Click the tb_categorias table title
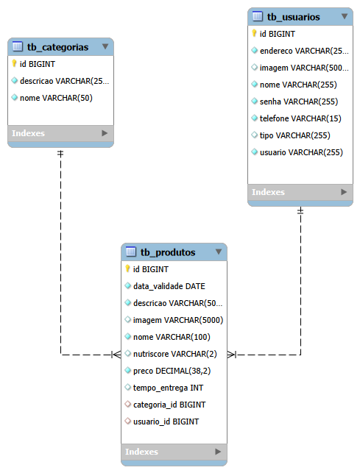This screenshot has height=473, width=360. (x=57, y=47)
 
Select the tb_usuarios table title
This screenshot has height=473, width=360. (x=293, y=17)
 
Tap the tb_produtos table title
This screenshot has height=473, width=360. (x=168, y=252)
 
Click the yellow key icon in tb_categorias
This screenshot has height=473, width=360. (x=14, y=63)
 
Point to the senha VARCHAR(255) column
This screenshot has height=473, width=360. (x=299, y=102)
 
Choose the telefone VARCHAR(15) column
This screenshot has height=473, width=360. (x=300, y=118)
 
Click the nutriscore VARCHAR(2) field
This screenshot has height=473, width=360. (x=175, y=354)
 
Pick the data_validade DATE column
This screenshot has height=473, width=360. (x=169, y=286)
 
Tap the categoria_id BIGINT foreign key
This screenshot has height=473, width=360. (x=169, y=405)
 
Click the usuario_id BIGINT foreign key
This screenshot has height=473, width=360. (x=166, y=422)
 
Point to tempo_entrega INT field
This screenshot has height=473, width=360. (x=169, y=388)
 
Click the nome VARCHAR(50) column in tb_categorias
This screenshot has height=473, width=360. (x=56, y=98)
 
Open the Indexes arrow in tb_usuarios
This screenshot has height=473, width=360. (x=344, y=192)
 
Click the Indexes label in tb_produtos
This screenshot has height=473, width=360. (x=141, y=452)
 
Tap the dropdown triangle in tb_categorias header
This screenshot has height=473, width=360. (x=105, y=46)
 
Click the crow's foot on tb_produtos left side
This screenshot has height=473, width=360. (x=116, y=355)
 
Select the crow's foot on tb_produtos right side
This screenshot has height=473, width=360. (x=232, y=355)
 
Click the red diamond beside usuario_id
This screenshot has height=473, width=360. (x=128, y=421)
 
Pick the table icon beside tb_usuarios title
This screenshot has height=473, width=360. (x=258, y=16)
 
